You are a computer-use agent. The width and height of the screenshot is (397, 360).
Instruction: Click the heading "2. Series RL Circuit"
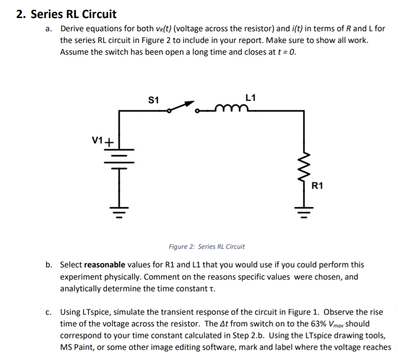(66, 14)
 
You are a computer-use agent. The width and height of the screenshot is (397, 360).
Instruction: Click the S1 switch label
(153, 100)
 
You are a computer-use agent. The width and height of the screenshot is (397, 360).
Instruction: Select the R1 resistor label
(317, 185)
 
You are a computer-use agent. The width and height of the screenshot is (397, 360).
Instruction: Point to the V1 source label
(98, 141)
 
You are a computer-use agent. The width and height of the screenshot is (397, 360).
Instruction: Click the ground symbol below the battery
(120, 212)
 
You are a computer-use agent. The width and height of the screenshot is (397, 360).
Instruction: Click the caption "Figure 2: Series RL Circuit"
(207, 246)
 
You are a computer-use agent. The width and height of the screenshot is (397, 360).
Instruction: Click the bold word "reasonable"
(104, 265)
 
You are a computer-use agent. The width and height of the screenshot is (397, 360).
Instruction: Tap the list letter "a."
(49, 29)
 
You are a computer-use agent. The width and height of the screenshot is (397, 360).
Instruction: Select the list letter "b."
(49, 265)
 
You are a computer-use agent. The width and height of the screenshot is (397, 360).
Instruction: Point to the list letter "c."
(49, 312)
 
